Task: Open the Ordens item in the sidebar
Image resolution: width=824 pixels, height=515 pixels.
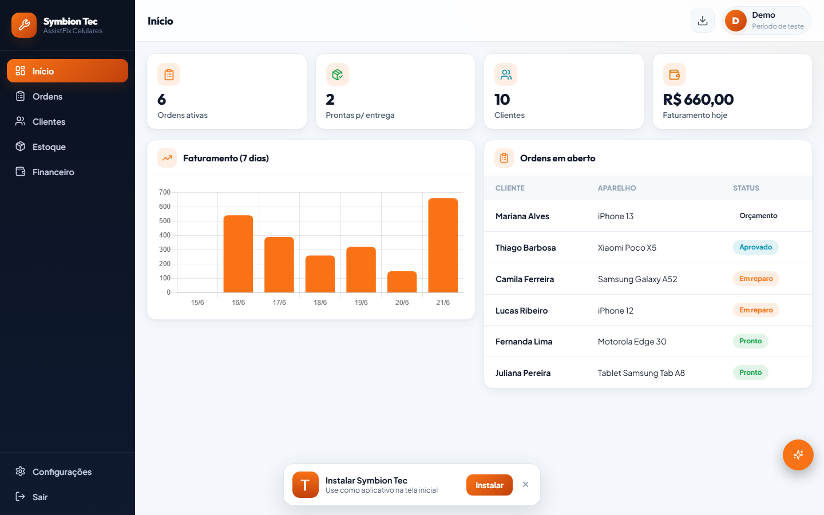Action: tap(47, 96)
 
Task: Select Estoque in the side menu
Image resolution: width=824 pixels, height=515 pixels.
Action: tap(49, 146)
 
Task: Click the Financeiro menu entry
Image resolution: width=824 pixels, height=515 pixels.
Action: tap(53, 172)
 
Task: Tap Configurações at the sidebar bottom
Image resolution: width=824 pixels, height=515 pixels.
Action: tap(62, 472)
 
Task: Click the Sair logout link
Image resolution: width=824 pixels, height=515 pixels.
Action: tap(39, 497)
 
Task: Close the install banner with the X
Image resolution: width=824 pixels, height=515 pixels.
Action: tap(525, 485)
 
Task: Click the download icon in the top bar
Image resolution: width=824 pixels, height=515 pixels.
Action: tap(702, 21)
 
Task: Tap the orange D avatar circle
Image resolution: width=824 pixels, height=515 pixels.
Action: tap(735, 21)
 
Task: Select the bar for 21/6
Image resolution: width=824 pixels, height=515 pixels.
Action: tap(443, 245)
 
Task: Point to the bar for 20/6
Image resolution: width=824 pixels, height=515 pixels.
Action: tap(402, 282)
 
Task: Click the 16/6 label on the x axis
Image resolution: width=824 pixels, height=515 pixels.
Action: tap(238, 302)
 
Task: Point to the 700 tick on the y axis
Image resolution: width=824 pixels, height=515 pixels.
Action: tap(164, 192)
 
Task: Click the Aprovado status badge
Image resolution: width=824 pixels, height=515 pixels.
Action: tap(755, 247)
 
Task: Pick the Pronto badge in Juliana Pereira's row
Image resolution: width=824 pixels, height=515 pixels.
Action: tap(750, 373)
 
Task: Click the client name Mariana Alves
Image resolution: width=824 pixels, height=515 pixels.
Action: tap(522, 216)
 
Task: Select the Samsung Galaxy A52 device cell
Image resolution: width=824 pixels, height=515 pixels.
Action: tap(637, 279)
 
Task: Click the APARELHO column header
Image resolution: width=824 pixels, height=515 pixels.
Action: tap(616, 188)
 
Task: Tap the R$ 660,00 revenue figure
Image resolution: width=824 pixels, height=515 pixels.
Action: tap(698, 100)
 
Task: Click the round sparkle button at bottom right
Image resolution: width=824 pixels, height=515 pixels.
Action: tap(798, 455)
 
